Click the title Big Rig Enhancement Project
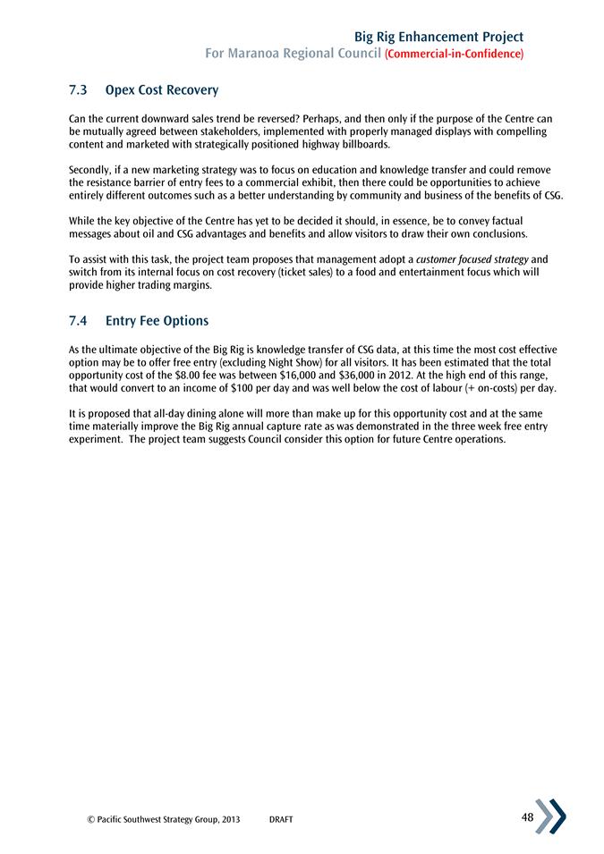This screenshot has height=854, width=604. coord(438,37)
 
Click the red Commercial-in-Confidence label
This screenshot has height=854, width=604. coord(454,55)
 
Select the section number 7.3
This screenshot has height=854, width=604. coord(78,90)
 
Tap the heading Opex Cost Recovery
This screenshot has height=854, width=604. coord(162,90)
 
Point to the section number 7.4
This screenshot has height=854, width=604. coord(78,320)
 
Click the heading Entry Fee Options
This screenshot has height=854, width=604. coord(157,320)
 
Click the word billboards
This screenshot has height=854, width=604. coord(363,144)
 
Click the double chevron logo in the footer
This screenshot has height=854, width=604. coord(550,816)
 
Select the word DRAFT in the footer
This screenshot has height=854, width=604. coord(281,820)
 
